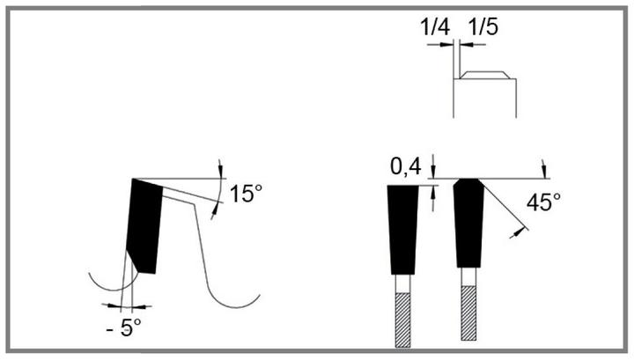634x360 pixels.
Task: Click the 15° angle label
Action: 246,194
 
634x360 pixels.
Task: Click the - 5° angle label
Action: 124,327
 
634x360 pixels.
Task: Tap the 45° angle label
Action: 543,202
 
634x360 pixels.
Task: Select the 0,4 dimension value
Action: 406,166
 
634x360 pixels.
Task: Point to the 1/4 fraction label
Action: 435,27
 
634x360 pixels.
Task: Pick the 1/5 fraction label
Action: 483,27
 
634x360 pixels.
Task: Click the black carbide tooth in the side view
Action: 144,226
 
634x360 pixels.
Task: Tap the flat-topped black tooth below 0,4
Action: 402,230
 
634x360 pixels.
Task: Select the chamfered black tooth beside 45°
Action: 468,223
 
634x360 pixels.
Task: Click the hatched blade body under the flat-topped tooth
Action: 402,320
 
